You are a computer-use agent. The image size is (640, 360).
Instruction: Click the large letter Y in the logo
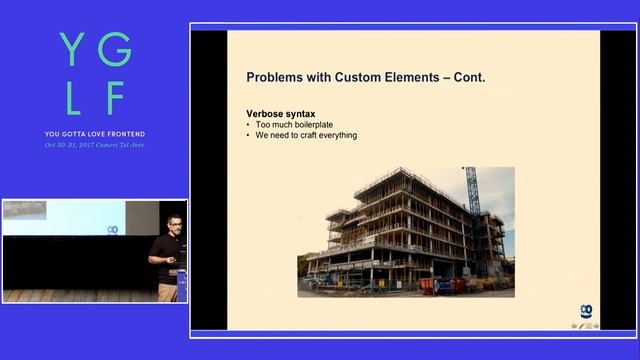tap(71, 47)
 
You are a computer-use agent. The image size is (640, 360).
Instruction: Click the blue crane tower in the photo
tap(473, 210)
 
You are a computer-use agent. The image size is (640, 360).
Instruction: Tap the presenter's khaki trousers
tap(167, 290)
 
